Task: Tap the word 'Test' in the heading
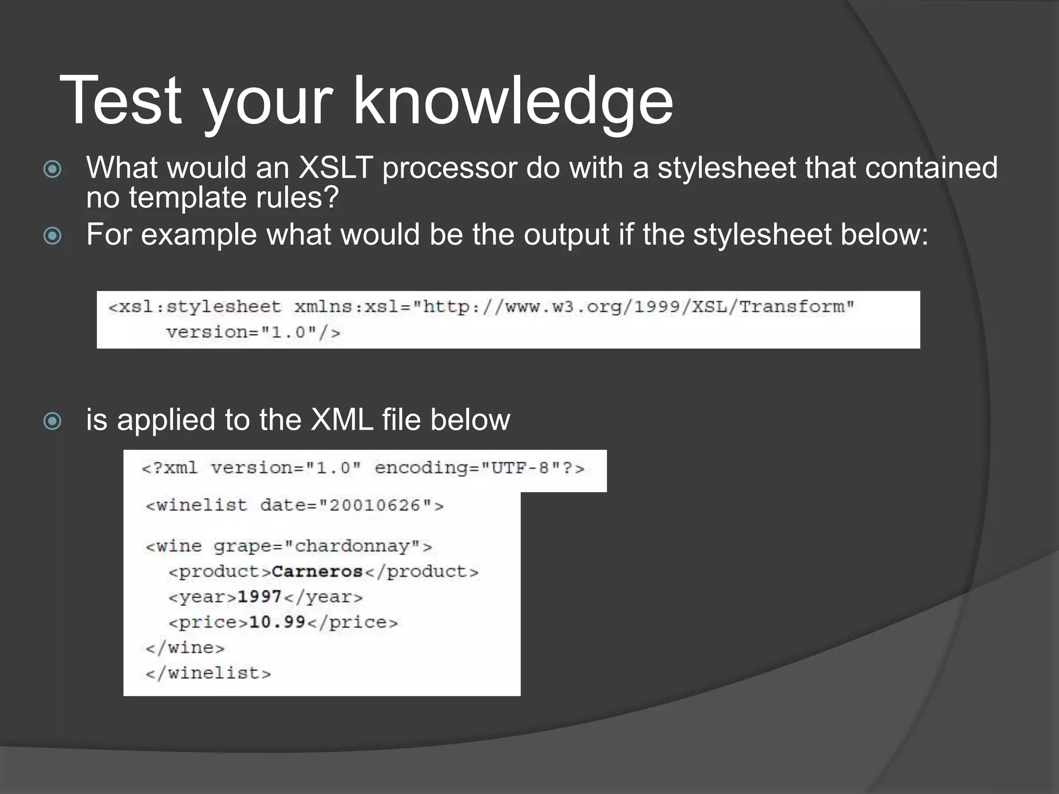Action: click(x=121, y=101)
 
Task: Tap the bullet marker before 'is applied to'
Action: click(x=52, y=421)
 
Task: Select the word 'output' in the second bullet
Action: click(x=566, y=235)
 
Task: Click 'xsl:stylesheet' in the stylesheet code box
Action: click(x=200, y=307)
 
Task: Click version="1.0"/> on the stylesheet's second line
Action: click(x=253, y=332)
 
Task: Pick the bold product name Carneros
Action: click(x=317, y=572)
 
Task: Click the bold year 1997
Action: click(x=260, y=597)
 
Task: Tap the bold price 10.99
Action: click(x=277, y=622)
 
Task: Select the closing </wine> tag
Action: click(x=185, y=648)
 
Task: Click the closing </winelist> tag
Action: click(x=208, y=673)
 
